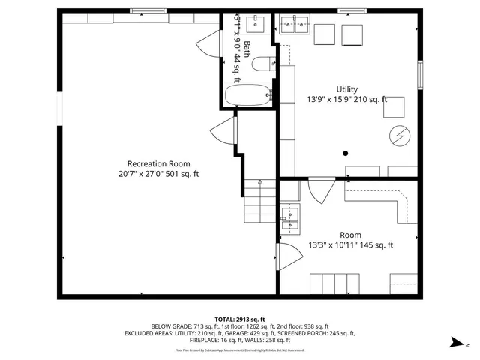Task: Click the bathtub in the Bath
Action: [248, 95]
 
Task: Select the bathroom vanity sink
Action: [257, 24]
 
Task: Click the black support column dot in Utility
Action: [346, 153]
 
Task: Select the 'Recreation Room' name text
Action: [158, 163]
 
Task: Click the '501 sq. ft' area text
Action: [181, 174]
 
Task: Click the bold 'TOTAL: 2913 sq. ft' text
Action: [240, 319]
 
